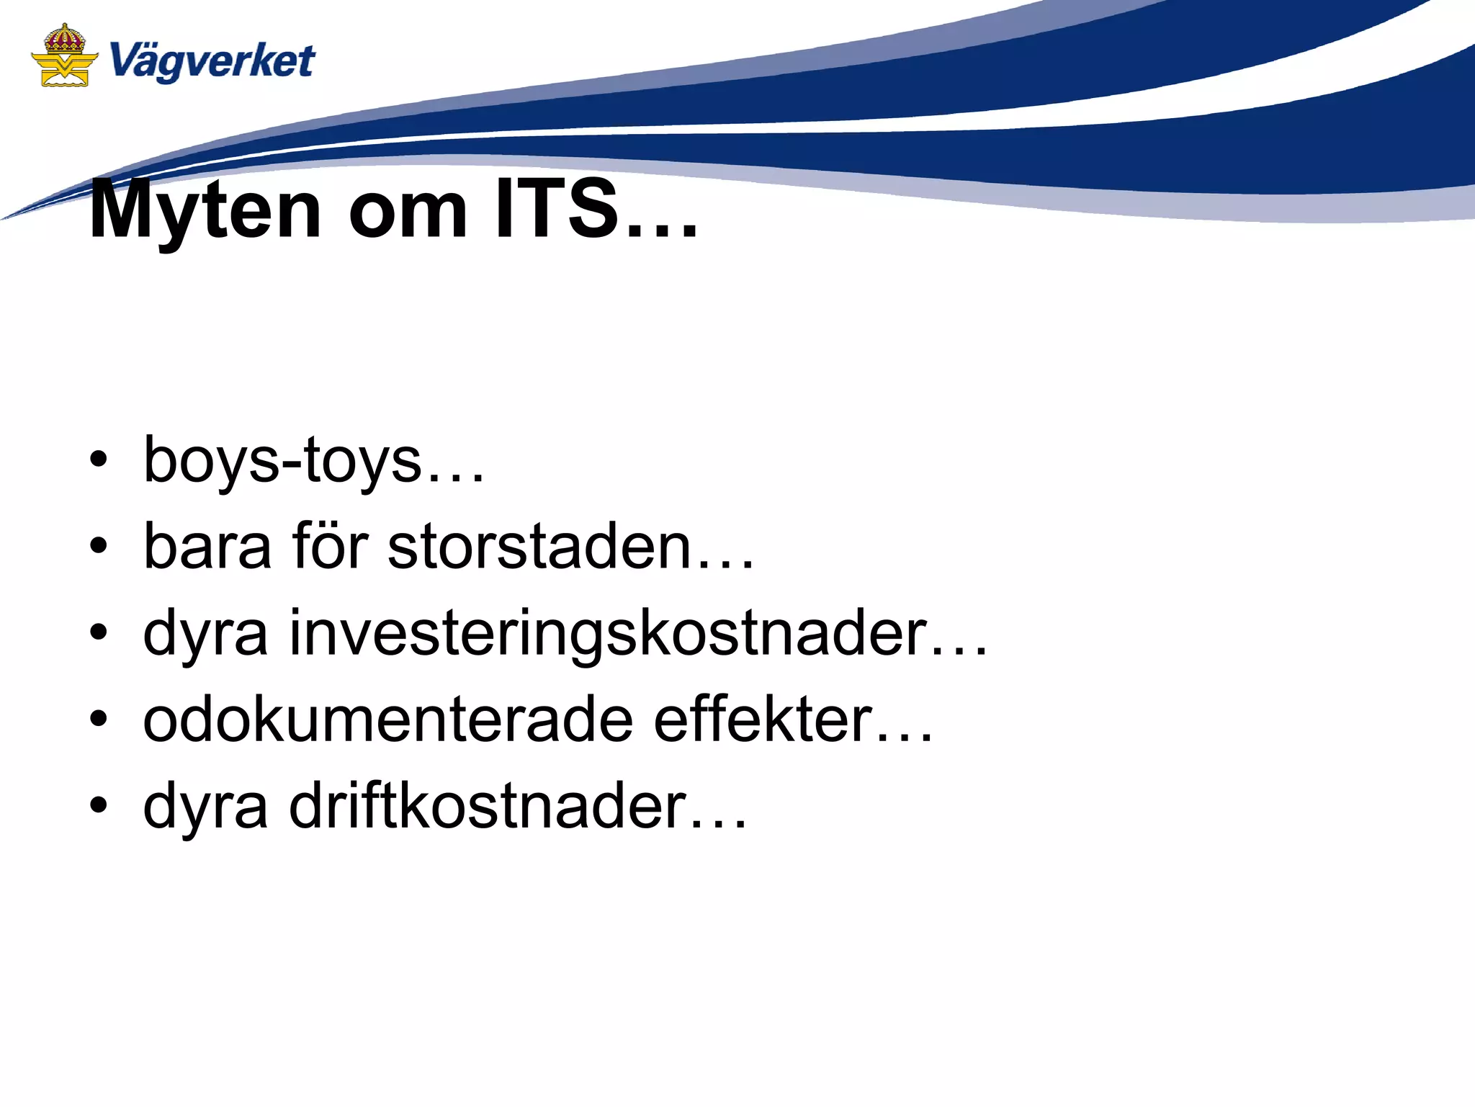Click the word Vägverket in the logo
coord(212,60)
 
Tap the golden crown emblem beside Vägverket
coord(64,55)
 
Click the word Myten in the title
coord(205,210)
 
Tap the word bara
coord(207,547)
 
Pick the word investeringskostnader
coord(607,633)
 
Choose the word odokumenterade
coord(387,720)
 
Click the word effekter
coord(763,720)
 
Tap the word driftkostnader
coord(488,806)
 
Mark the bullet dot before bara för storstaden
coord(99,547)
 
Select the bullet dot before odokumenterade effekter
coord(99,720)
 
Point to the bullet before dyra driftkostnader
coord(99,806)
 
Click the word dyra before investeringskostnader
coord(205,635)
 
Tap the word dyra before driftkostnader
coord(205,807)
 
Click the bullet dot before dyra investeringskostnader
coord(99,633)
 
